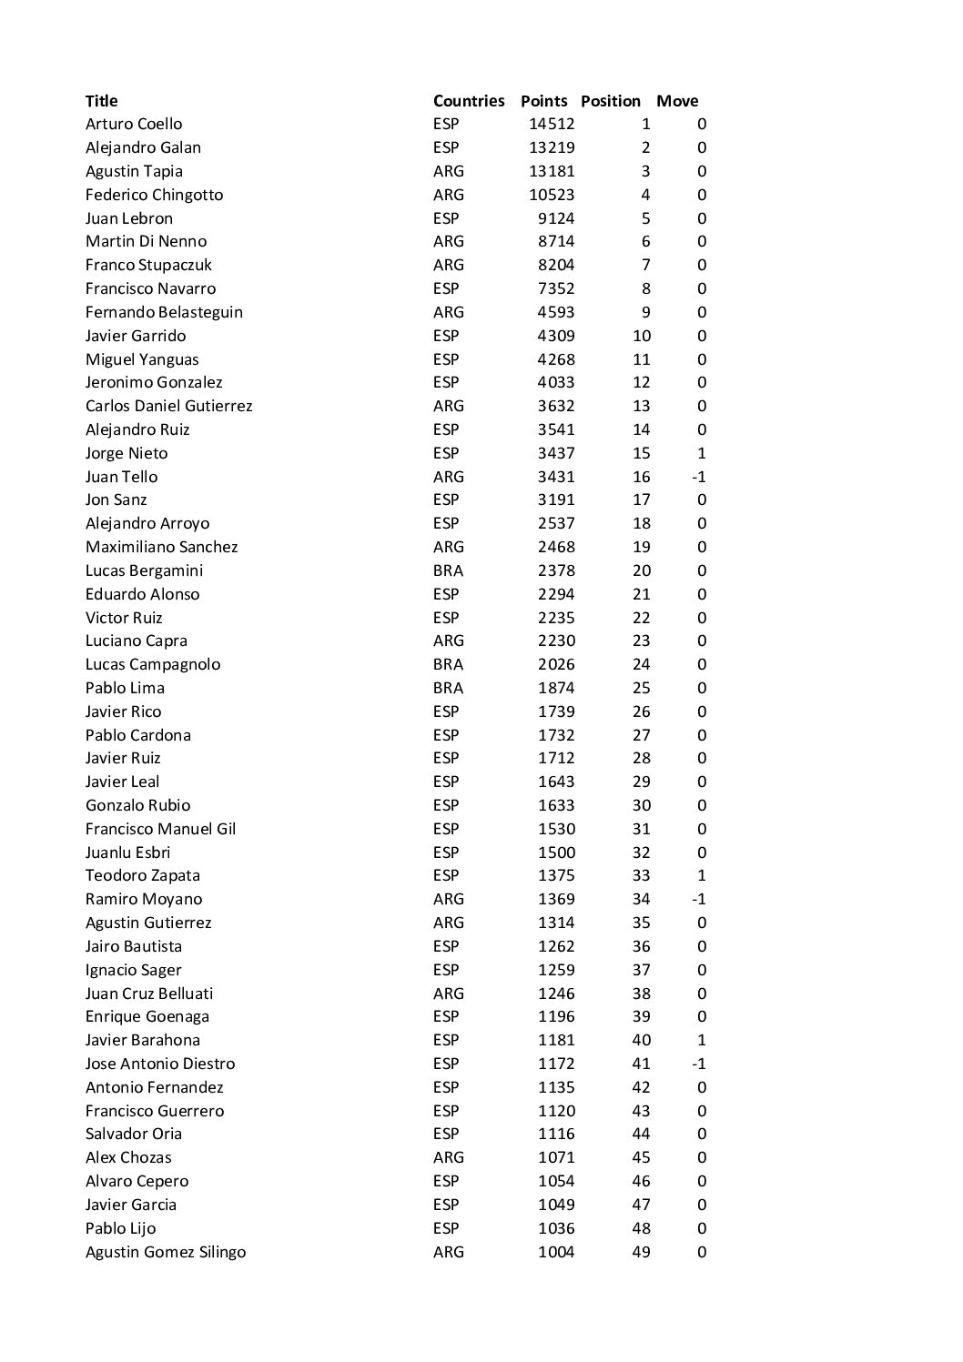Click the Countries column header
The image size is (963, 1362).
(x=468, y=101)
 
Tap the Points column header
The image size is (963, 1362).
(x=543, y=101)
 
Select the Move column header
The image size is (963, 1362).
(x=677, y=101)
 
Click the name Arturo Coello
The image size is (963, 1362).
(x=134, y=125)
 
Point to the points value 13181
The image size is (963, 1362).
(x=552, y=171)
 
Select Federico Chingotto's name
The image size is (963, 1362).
(x=154, y=195)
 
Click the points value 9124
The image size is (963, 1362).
(x=555, y=218)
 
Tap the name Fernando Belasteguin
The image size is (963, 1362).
(x=164, y=312)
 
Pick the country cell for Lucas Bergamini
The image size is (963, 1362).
(x=448, y=570)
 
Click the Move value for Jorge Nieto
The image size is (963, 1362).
(x=701, y=453)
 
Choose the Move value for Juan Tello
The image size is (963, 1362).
(x=698, y=477)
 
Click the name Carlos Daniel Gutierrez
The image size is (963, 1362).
(x=168, y=406)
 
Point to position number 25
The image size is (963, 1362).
(x=641, y=688)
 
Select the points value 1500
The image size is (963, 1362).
(x=555, y=853)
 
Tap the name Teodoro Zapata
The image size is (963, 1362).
(x=143, y=875)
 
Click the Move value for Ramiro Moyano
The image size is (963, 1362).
(x=698, y=899)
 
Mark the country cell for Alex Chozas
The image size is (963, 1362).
(x=448, y=1157)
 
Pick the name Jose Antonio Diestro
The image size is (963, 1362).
(x=160, y=1064)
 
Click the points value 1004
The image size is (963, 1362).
(x=555, y=1252)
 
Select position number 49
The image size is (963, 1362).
(x=641, y=1252)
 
